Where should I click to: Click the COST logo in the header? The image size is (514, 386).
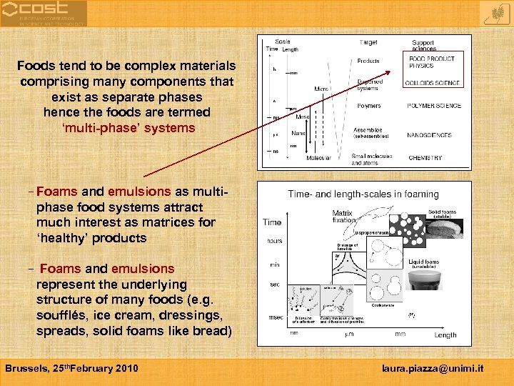point(43,13)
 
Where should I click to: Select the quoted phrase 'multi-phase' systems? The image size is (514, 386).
point(128,128)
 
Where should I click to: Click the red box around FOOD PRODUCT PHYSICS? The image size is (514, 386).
point(435,69)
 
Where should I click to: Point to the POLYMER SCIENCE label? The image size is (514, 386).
point(434,106)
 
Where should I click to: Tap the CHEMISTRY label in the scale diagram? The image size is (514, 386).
point(425,157)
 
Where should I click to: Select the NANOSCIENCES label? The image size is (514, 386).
point(428,134)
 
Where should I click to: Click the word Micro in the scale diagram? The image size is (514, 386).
point(321,89)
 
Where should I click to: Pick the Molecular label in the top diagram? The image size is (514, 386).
point(318,157)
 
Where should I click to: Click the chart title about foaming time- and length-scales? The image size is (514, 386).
point(363,194)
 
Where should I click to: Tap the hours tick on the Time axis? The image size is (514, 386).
point(274,241)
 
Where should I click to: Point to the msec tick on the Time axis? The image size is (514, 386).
point(275,317)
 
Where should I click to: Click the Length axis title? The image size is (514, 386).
point(445,335)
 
